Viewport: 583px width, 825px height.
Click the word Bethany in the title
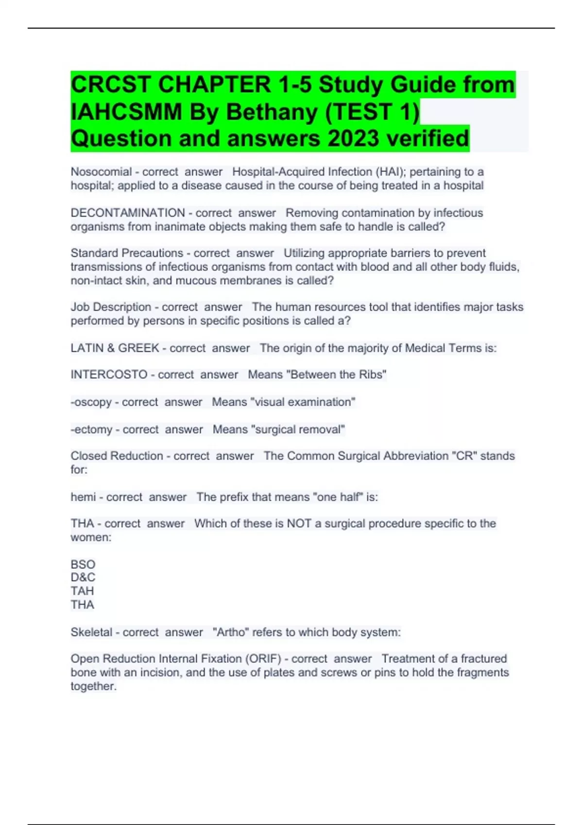tap(272, 112)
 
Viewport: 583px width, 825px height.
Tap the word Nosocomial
tap(101, 172)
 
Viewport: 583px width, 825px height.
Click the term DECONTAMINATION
tap(128, 213)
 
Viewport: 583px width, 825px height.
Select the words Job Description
tap(111, 307)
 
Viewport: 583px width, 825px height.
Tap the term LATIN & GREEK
tap(115, 348)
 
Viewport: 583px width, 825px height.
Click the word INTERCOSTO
tap(109, 375)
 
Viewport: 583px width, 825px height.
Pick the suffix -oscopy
tap(91, 402)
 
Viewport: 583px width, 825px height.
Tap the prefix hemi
tap(83, 497)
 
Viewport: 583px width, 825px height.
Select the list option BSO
tap(83, 564)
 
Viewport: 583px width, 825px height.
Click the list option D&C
tap(83, 577)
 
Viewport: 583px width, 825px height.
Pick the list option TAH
tap(83, 591)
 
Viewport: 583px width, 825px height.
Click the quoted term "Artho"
tap(231, 632)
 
